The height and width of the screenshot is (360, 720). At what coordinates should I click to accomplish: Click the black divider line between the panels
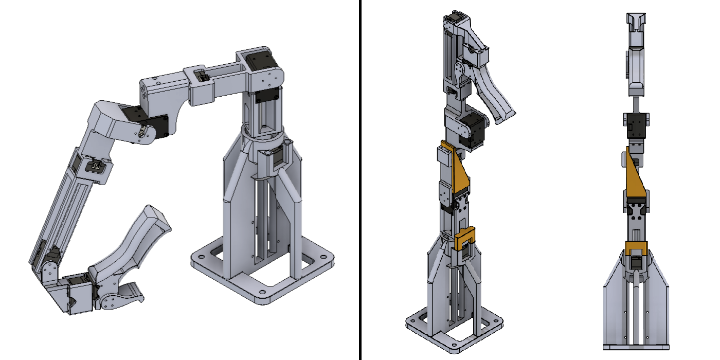click(360, 180)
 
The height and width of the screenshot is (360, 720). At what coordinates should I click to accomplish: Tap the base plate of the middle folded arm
click(453, 329)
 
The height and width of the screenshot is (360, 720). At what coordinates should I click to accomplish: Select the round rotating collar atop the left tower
click(265, 136)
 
